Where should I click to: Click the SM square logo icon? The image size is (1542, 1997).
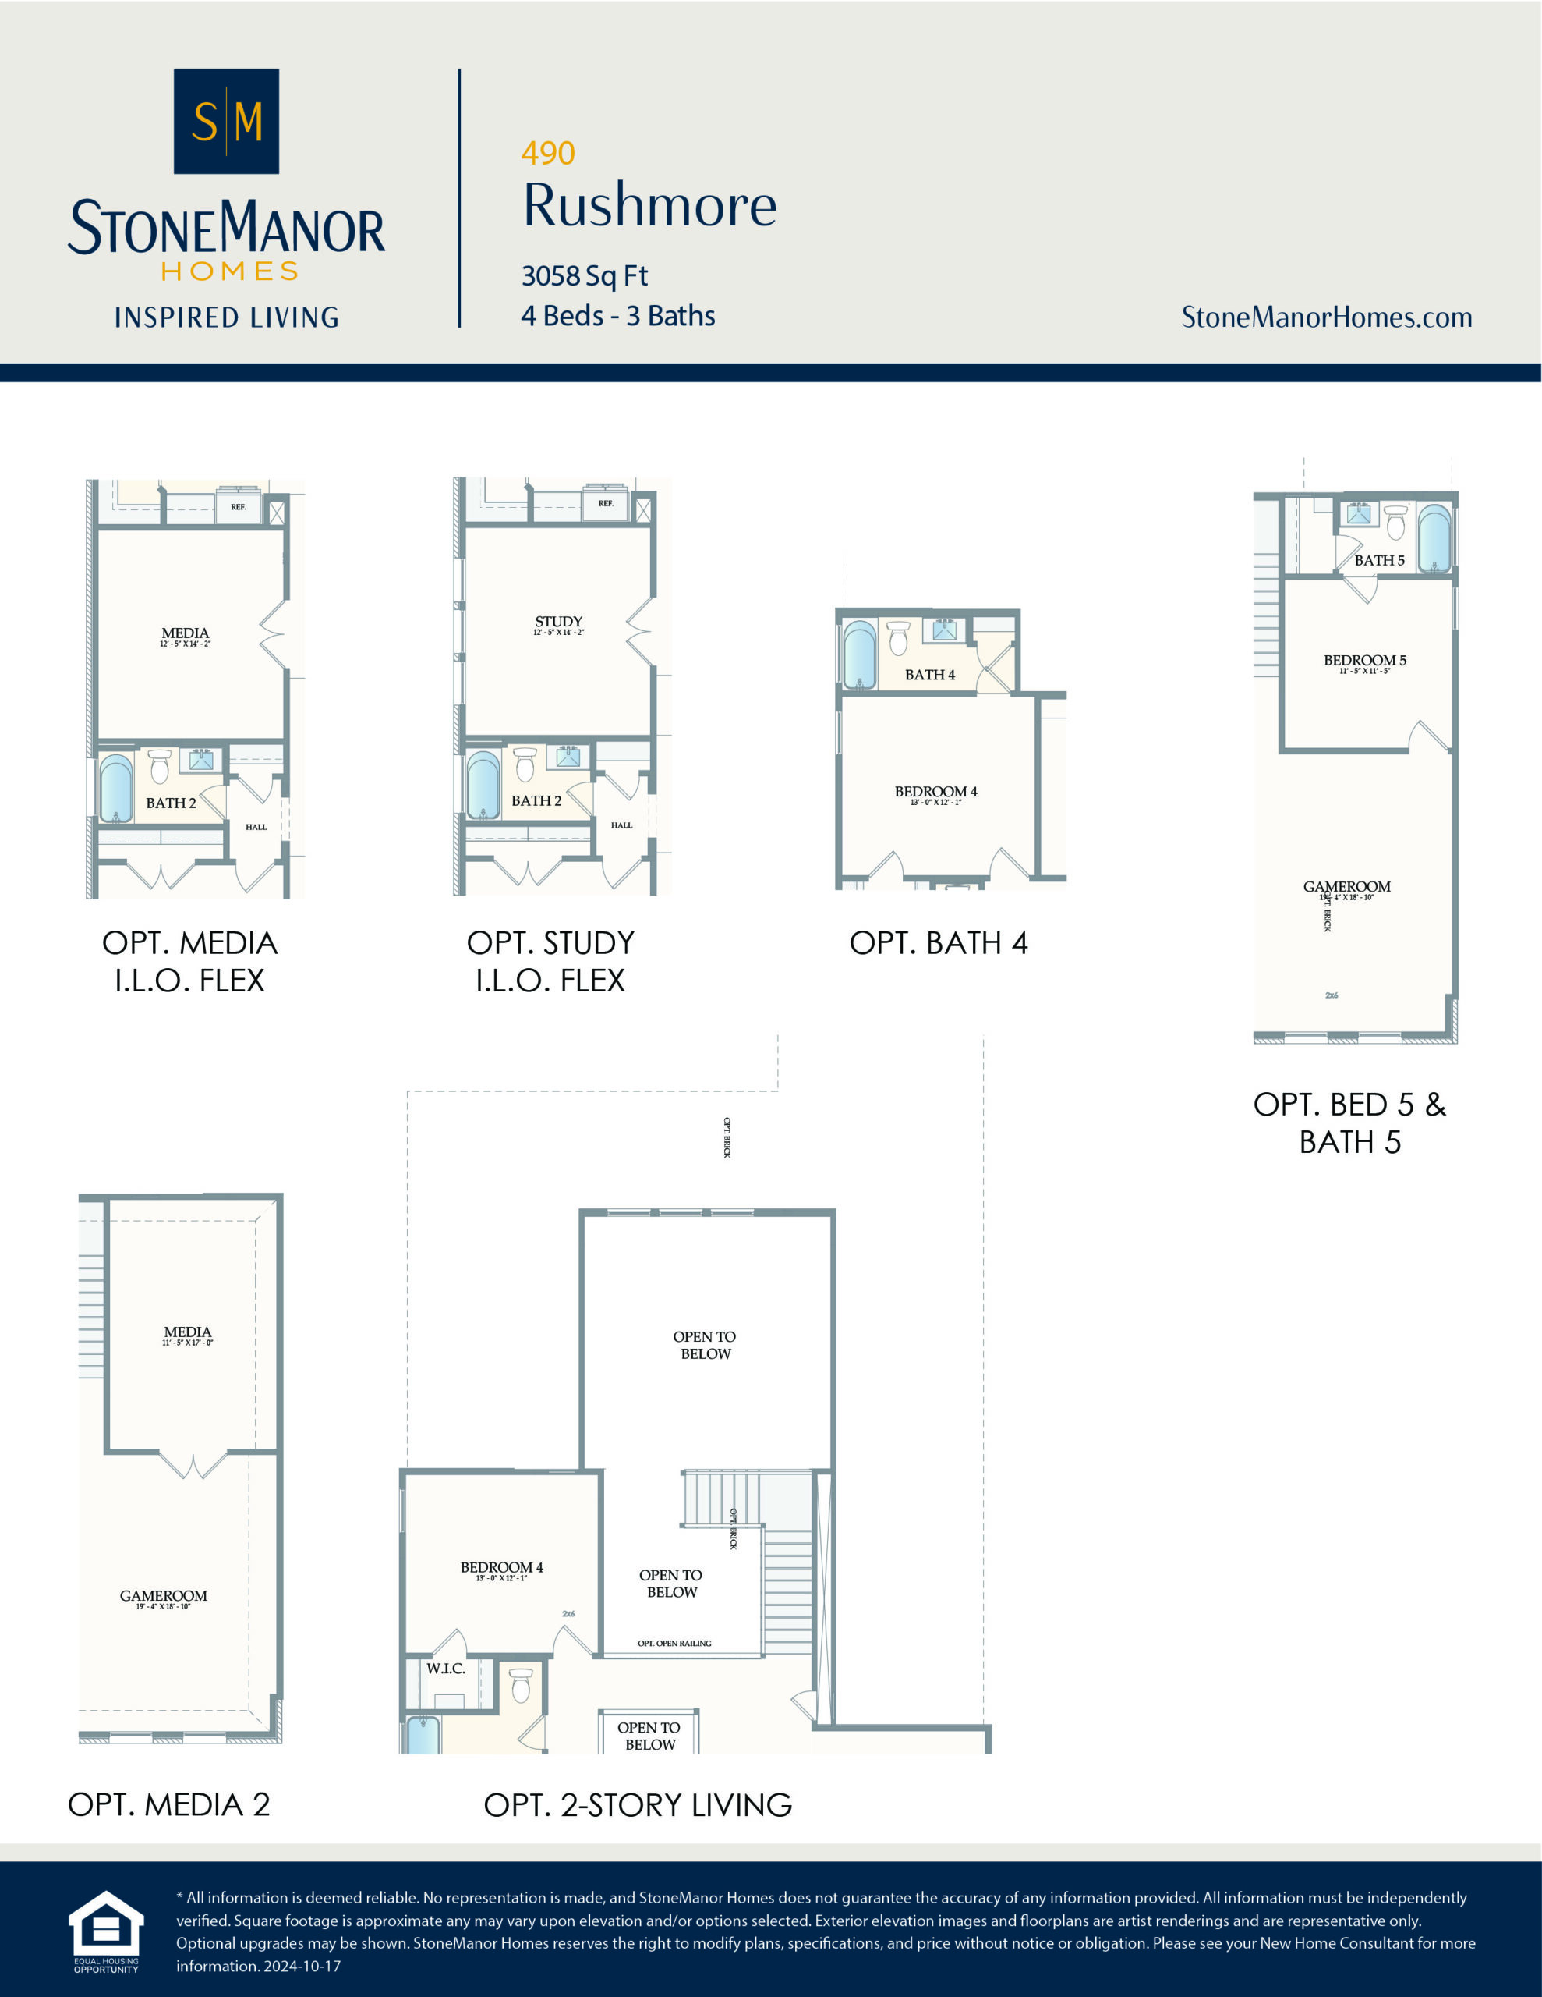coord(226,121)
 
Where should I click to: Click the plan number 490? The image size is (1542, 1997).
coord(547,153)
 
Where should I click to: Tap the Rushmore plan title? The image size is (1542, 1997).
coord(649,205)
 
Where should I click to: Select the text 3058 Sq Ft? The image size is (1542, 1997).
coord(584,275)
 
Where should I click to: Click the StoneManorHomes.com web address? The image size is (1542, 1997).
coord(1325,317)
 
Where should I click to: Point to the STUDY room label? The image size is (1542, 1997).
coord(558,622)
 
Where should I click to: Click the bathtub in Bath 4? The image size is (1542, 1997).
coord(859,654)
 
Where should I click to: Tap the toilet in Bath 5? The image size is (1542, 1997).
coord(1395,522)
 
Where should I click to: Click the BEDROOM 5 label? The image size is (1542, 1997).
coord(1363,660)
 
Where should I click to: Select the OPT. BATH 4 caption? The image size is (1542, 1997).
coord(938,942)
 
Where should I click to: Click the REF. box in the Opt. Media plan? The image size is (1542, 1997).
coord(238,506)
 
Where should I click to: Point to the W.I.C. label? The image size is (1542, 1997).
coord(445,1668)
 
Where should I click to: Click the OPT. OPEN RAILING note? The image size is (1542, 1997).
coord(674,1643)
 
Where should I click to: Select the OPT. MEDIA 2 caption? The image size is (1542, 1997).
coord(169,1804)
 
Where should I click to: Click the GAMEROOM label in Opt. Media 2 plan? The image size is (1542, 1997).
coord(164,1595)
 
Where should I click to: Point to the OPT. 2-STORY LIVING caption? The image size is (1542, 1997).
coord(637,1804)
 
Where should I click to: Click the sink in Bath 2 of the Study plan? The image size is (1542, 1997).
coord(568,756)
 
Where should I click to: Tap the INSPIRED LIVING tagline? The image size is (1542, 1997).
coord(226,317)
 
